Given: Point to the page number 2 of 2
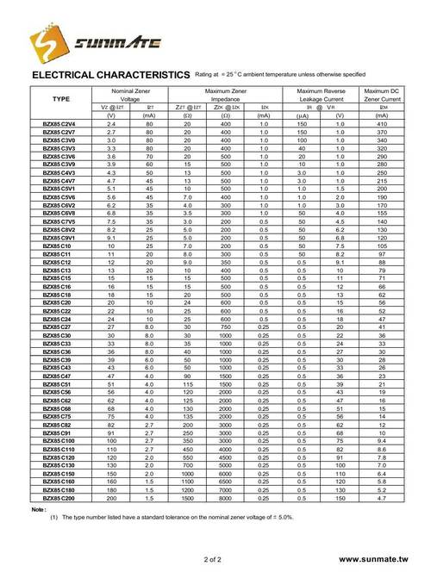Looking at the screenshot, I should click(x=215, y=559).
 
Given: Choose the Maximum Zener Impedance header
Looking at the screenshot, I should click(x=226, y=95).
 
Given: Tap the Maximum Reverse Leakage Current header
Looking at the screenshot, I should click(x=320, y=95).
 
